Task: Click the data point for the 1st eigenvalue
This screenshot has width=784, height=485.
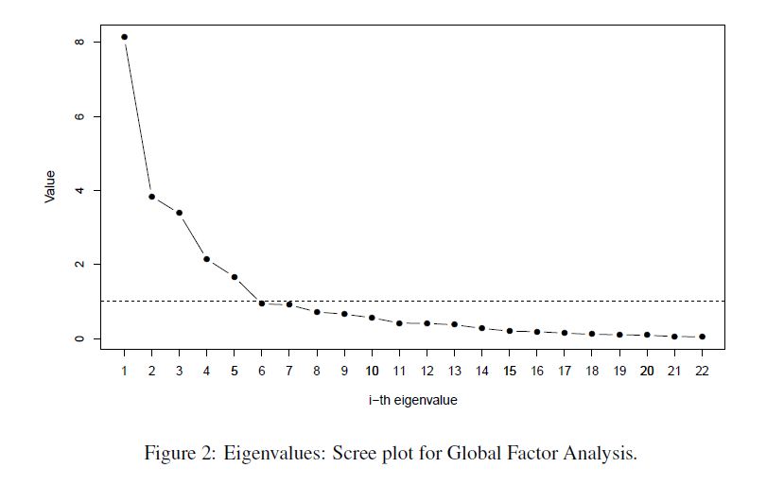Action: pos(124,37)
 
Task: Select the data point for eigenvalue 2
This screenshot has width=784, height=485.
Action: pos(151,197)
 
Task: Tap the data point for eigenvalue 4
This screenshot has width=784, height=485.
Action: pos(206,259)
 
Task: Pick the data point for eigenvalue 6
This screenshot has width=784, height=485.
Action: pos(262,303)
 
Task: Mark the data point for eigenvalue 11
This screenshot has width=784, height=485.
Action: pos(399,323)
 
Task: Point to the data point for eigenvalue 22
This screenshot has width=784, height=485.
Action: pos(702,337)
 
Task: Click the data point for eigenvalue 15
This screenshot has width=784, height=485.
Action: pos(510,331)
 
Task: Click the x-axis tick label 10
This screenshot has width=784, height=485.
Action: pos(372,371)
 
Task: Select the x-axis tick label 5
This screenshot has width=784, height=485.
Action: pos(234,371)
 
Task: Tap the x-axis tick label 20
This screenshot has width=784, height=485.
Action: pos(647,371)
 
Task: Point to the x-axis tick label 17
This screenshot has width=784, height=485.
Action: pos(565,371)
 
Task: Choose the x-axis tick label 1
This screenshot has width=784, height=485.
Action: pos(124,371)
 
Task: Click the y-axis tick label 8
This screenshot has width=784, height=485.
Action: pos(79,42)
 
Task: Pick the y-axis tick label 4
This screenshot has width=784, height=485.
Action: pos(79,190)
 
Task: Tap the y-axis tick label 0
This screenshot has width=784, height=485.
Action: pos(79,338)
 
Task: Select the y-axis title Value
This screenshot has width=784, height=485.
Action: pos(50,186)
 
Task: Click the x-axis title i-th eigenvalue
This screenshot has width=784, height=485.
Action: pos(413,400)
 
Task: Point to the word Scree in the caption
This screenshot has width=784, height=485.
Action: pos(354,453)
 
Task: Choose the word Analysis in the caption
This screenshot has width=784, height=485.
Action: pos(600,454)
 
